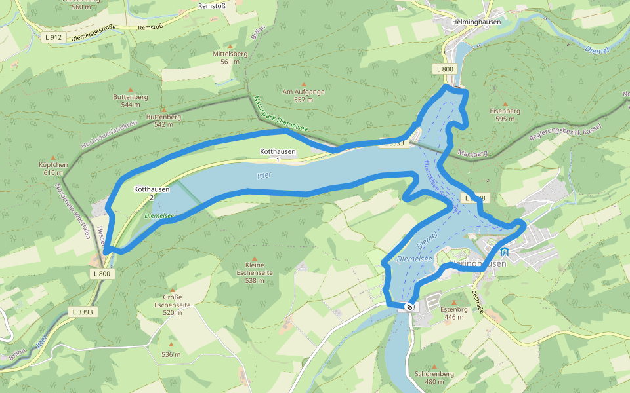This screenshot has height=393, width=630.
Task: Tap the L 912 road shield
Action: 53,37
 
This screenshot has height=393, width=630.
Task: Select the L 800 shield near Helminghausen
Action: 444,69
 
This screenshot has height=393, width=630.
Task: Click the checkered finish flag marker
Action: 409,306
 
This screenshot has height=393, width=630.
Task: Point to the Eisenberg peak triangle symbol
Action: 505,103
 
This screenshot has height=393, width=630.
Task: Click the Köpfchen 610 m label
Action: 50,168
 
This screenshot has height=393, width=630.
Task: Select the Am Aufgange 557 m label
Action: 303,96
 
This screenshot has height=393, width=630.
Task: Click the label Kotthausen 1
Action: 278,155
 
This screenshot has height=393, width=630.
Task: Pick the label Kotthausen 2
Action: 152,193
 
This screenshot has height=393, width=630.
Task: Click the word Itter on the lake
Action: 263,175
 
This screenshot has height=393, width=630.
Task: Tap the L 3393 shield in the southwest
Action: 83,312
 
